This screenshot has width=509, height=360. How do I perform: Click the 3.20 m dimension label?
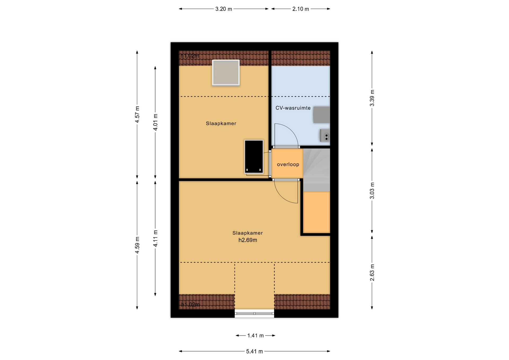coord(223,9)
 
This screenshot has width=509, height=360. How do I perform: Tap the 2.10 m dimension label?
coord(301,9)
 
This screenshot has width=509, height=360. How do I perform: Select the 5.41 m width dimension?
coord(254,352)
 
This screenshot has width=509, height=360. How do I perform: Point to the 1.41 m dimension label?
coord(256,336)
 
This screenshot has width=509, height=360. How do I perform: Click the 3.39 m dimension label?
coord(372,98)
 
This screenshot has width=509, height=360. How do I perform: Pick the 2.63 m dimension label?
coord(372,273)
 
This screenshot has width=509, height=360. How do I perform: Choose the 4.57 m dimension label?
coord(137,114)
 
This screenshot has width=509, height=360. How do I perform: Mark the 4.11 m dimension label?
coord(155,238)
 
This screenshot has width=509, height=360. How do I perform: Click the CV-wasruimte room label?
coord(293,108)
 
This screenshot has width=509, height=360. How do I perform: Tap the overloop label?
coord(288,164)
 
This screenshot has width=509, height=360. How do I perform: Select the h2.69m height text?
coord(248,240)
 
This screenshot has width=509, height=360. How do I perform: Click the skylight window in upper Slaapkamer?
coord(226,73)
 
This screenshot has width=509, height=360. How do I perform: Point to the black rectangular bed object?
coord(254,157)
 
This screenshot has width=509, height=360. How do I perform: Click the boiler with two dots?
coord(325,136)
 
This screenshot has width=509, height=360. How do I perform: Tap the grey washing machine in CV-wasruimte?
coord(322,115)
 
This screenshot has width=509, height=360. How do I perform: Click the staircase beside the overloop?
coord(317,170)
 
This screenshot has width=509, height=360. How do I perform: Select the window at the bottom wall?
coord(254,313)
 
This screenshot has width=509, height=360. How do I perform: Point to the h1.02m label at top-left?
coord(190,56)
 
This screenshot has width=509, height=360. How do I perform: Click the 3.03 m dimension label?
coord(372,191)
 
